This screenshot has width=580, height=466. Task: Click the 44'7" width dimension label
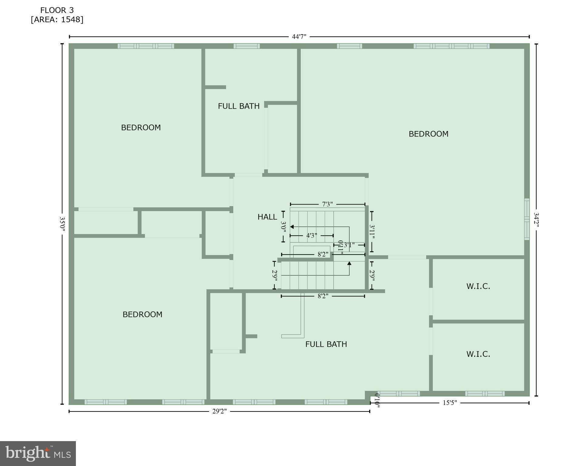(299, 37)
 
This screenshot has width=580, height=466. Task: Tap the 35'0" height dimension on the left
(62, 224)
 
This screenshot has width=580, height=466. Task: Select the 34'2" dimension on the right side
(536, 219)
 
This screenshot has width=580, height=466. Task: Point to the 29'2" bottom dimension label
(219, 411)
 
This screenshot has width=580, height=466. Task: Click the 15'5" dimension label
(449, 403)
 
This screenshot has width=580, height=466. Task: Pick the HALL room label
(267, 217)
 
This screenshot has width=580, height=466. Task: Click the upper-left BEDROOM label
(141, 127)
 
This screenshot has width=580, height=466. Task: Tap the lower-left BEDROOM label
(142, 314)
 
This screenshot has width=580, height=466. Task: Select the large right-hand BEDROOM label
(428, 134)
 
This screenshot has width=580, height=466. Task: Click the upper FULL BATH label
(239, 106)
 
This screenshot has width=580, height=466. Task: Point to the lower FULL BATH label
(326, 344)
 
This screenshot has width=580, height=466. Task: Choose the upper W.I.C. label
(478, 286)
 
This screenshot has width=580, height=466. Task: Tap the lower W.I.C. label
(478, 354)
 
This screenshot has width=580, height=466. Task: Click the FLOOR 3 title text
(57, 10)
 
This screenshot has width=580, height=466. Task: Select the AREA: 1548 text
(57, 20)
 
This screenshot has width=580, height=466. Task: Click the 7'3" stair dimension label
(327, 204)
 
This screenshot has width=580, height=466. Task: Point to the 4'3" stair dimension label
(312, 235)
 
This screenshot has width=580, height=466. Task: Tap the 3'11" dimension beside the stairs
(372, 232)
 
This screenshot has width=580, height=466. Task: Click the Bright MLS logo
(38, 453)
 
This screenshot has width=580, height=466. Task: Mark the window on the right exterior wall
(527, 219)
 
